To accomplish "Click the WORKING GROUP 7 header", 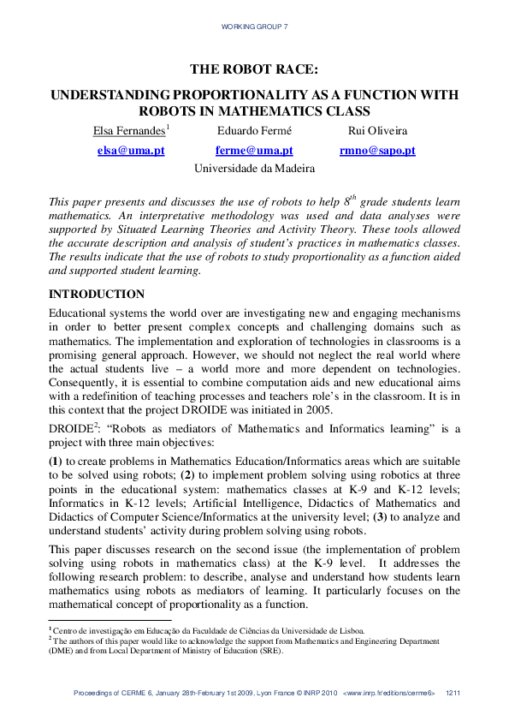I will pyautogui.click(x=254, y=27).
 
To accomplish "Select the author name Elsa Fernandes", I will pyautogui.click(x=129, y=130).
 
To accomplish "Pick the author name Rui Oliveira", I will pyautogui.click(x=365, y=130).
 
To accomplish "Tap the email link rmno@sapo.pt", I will pyautogui.click(x=365, y=150).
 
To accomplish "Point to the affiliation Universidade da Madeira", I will pyautogui.click(x=254, y=169).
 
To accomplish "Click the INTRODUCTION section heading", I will pyautogui.click(x=97, y=295).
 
